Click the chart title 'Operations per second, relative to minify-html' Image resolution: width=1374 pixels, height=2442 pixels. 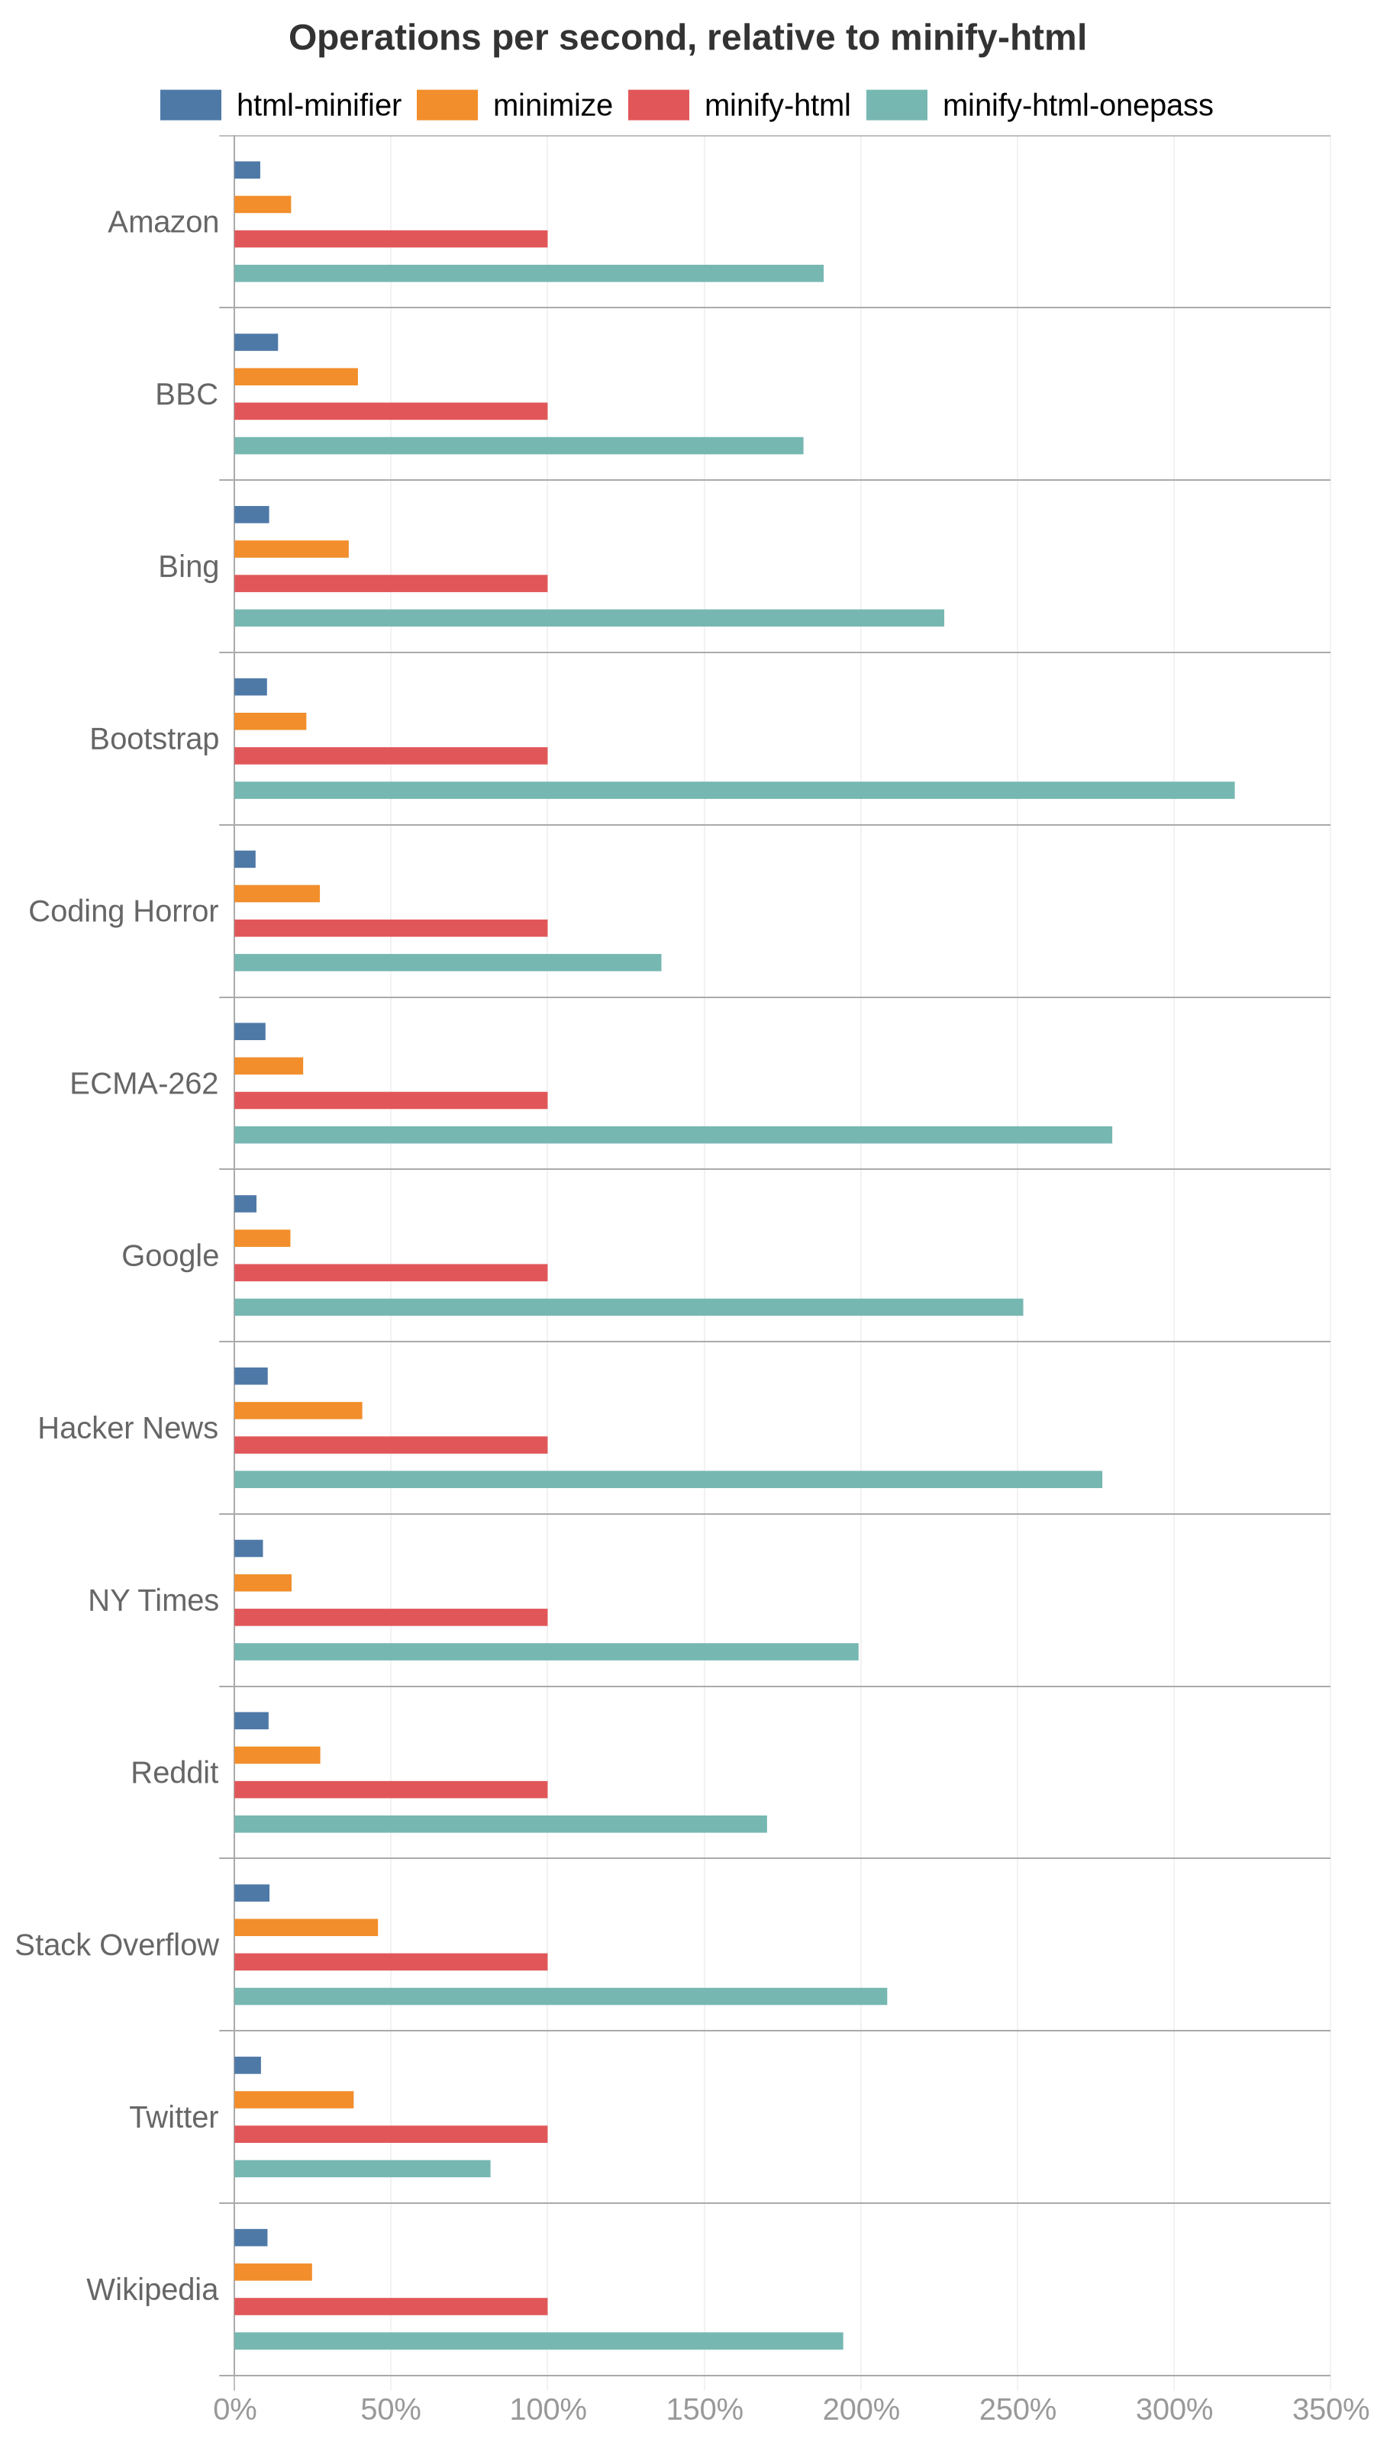click(686, 38)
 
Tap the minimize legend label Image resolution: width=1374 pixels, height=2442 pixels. click(552, 105)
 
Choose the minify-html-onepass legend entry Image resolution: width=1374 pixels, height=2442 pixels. click(1076, 105)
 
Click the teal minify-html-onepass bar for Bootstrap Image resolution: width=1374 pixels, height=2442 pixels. click(733, 790)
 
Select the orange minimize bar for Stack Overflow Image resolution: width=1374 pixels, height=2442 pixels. click(305, 1927)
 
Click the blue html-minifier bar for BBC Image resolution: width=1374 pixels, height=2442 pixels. click(255, 342)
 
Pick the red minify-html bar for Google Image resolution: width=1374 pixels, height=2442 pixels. click(390, 1272)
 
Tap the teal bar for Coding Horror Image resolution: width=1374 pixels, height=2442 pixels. click(447, 962)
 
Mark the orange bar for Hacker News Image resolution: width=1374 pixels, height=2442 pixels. click(298, 1410)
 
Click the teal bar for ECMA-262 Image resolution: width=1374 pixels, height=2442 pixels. click(672, 1135)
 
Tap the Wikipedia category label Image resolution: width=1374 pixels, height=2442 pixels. click(152, 2289)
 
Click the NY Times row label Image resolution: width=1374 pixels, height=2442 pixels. click(153, 1600)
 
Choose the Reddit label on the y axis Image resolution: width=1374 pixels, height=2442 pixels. click(175, 1773)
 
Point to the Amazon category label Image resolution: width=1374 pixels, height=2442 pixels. click(163, 222)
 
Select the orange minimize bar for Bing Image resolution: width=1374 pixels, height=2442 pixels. click(291, 549)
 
